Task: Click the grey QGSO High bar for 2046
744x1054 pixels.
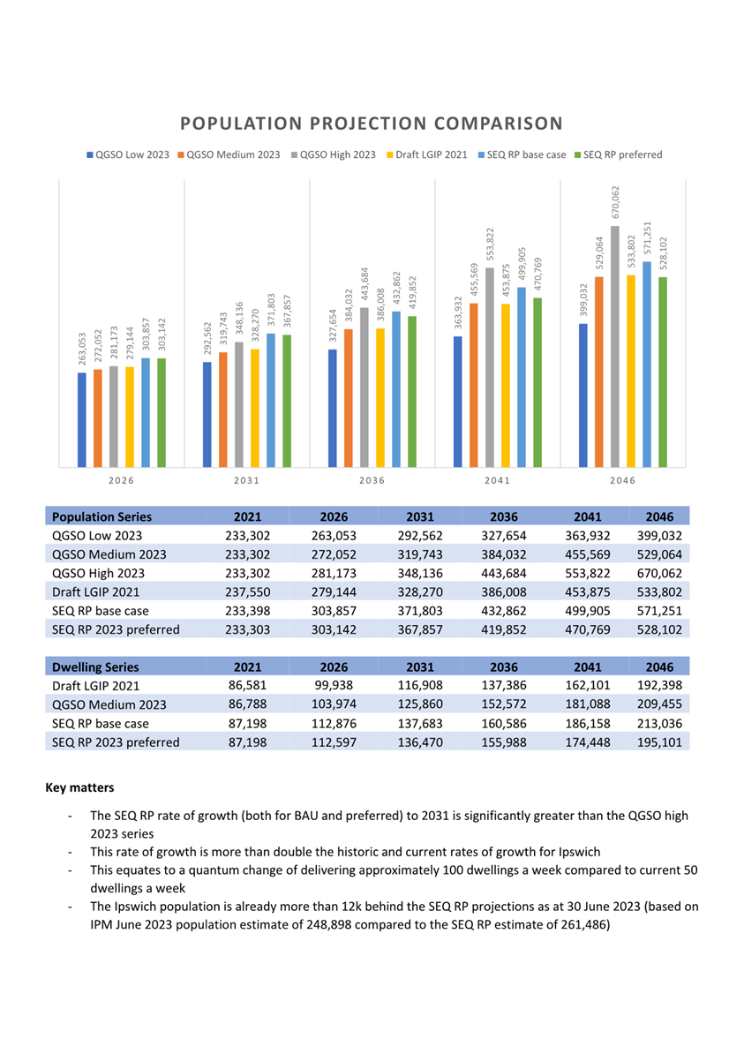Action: (x=615, y=346)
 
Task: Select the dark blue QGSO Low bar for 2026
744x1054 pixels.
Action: (x=82, y=420)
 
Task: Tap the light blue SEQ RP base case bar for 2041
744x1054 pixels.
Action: (x=522, y=377)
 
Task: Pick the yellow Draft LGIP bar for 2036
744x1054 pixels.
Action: (x=380, y=398)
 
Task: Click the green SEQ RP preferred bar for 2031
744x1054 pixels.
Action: (x=287, y=401)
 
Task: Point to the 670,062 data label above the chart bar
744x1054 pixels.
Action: (x=616, y=201)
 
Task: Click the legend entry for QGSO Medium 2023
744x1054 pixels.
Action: (x=229, y=154)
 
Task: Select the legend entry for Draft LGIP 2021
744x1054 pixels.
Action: (x=427, y=154)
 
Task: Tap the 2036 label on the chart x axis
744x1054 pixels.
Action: (x=372, y=480)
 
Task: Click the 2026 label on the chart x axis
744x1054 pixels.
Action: (x=121, y=480)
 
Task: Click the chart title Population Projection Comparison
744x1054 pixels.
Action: (x=372, y=124)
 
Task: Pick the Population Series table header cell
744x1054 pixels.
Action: (x=102, y=516)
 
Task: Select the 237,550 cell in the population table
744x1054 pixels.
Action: (x=247, y=592)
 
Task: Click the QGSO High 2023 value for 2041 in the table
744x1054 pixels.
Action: (x=588, y=574)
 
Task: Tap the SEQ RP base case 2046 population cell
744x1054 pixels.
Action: (x=659, y=611)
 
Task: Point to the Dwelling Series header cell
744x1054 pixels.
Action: (x=95, y=666)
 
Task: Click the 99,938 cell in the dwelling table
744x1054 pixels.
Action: (x=334, y=686)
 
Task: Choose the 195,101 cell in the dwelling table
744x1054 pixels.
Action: (x=659, y=742)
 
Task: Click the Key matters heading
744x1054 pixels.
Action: (x=79, y=787)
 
